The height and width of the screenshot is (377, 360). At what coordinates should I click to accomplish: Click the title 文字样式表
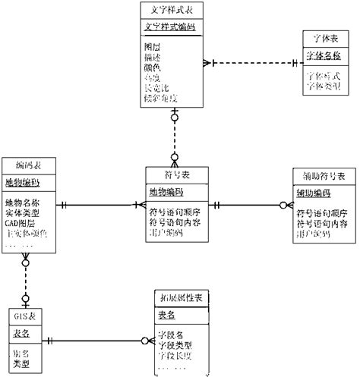pos(173,11)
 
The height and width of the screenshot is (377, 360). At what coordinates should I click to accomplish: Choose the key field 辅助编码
pos(312,193)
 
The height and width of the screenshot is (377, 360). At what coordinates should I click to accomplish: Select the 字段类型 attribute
pos(175,345)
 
